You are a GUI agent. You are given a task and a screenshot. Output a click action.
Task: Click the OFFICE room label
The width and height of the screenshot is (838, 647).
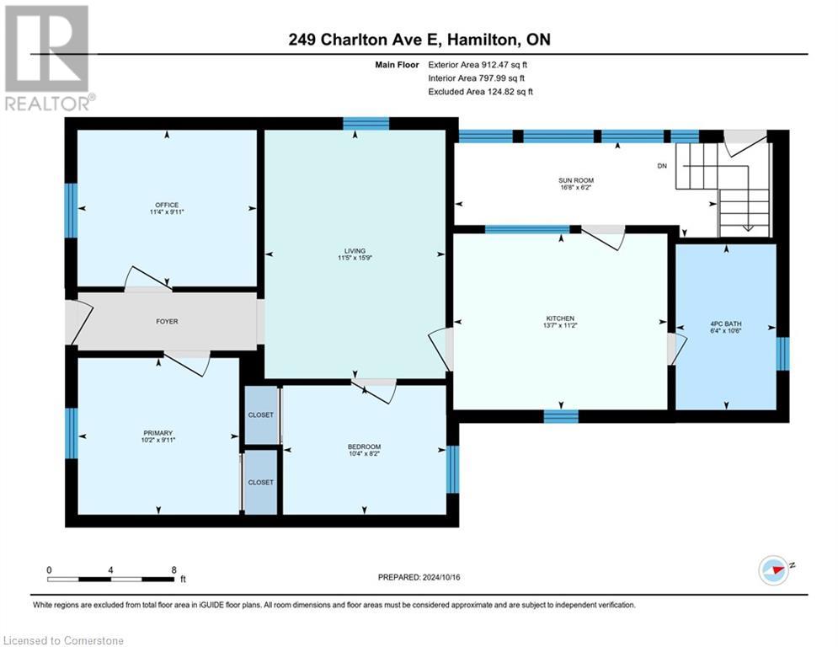point(166,205)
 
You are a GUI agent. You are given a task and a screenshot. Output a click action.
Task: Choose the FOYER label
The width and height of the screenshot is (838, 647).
point(166,321)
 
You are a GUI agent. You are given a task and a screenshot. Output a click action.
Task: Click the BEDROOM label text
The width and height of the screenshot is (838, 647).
point(364,446)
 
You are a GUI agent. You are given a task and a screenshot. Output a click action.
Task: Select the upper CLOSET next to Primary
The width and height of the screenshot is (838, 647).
point(260,414)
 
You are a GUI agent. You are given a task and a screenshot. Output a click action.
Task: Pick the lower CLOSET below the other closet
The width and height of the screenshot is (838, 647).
point(260,482)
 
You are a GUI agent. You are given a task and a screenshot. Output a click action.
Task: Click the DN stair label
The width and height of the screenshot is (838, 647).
point(662,166)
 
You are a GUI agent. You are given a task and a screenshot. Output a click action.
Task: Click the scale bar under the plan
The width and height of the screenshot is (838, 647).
point(111,579)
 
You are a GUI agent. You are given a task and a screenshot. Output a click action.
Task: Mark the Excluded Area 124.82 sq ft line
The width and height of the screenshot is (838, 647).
point(480,91)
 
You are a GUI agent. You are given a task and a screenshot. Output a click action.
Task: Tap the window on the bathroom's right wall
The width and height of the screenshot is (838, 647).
point(782,354)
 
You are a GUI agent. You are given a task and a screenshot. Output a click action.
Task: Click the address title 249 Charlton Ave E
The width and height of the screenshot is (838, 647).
point(419,40)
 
